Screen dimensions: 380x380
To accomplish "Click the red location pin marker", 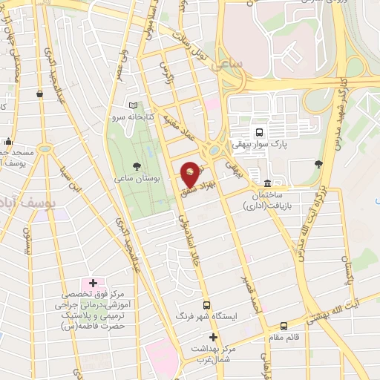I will (191, 174).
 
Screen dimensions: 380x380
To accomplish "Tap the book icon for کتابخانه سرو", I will (133, 105).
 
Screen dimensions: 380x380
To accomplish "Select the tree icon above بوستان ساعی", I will (135, 166).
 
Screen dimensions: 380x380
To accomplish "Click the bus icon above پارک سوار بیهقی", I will (258, 132).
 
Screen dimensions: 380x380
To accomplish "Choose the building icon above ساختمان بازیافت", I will (266, 183).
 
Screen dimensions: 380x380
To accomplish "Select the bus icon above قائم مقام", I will (284, 325).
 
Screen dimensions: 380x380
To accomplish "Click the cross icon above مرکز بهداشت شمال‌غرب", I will (213, 337).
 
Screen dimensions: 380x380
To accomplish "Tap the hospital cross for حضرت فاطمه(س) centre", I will (93, 283).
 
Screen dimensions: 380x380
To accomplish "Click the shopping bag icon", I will (39, 94).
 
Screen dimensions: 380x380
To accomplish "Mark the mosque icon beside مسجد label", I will (8, 142).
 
